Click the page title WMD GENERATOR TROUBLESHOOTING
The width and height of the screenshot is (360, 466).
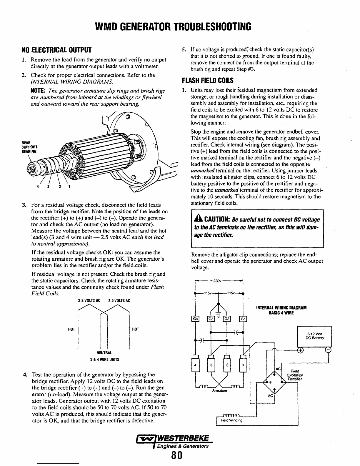tap(174, 26)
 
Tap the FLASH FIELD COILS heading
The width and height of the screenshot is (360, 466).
tap(208, 81)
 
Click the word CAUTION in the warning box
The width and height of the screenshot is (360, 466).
tap(216, 220)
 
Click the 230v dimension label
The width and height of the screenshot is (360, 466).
tap(218, 280)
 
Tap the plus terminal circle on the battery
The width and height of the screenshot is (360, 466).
tap(300, 350)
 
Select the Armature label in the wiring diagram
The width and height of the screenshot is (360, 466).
tap(218, 391)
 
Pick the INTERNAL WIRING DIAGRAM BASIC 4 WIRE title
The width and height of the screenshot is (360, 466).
tap(281, 310)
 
